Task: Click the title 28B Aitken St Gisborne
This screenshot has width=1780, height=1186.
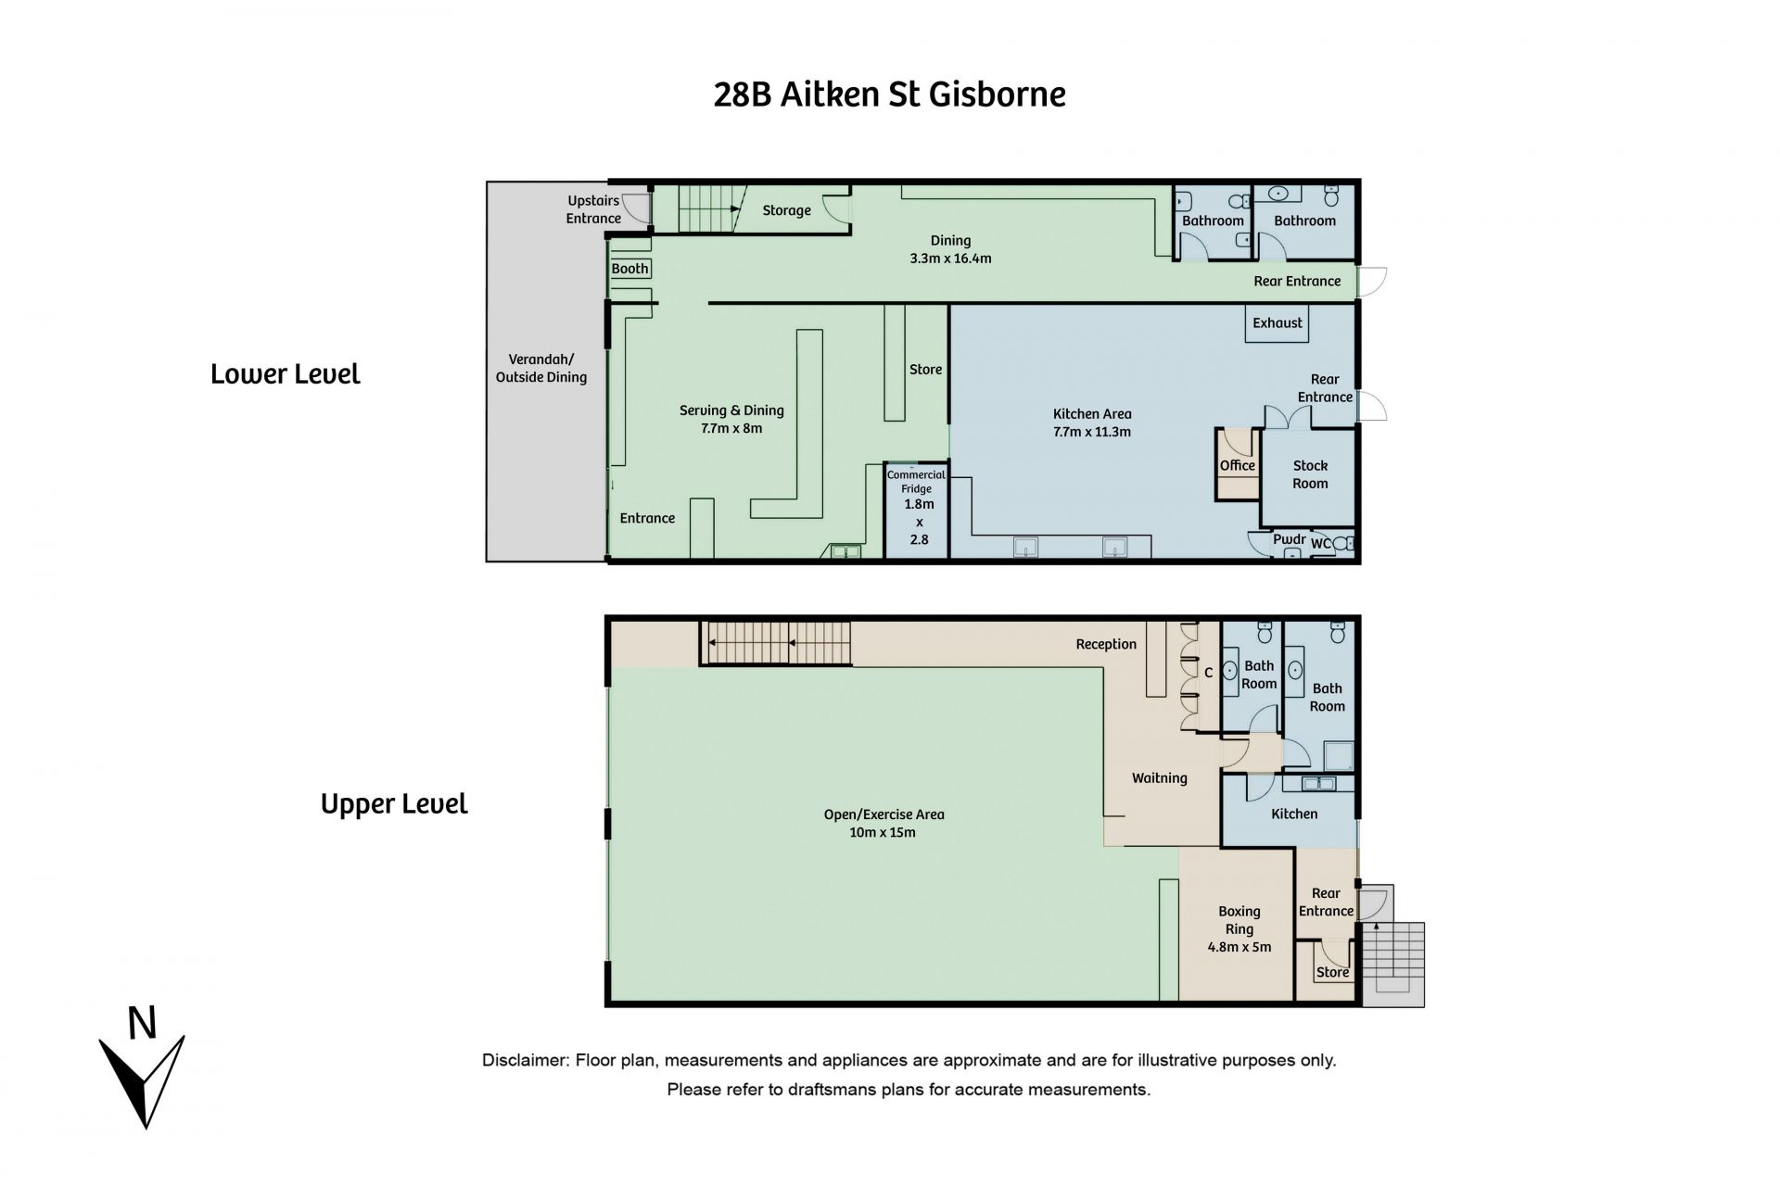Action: (x=889, y=95)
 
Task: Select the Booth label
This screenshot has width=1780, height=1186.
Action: (x=630, y=269)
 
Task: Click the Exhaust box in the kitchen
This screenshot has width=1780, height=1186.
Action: (x=1278, y=323)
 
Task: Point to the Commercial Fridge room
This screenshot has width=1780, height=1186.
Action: (x=917, y=511)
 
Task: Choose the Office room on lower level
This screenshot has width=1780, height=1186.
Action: (x=1238, y=465)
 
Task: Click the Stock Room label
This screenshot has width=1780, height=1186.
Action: (x=1310, y=474)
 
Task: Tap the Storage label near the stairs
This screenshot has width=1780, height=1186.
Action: (x=787, y=210)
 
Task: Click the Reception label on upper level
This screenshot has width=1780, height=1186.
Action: (x=1106, y=644)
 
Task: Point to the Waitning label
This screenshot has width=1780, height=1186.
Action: (x=1159, y=778)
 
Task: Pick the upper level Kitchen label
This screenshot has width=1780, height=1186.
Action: (x=1294, y=814)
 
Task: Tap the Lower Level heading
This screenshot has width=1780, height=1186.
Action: (x=286, y=374)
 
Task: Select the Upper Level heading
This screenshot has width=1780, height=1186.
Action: (x=394, y=803)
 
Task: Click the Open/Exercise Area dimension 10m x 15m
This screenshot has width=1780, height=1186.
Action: (x=884, y=832)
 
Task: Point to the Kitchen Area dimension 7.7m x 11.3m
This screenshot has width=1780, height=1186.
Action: (x=1092, y=432)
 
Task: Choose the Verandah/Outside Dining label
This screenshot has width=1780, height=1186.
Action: (x=541, y=368)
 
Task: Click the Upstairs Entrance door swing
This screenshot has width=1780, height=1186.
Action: (x=636, y=209)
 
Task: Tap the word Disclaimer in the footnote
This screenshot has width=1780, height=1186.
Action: (x=523, y=1060)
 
